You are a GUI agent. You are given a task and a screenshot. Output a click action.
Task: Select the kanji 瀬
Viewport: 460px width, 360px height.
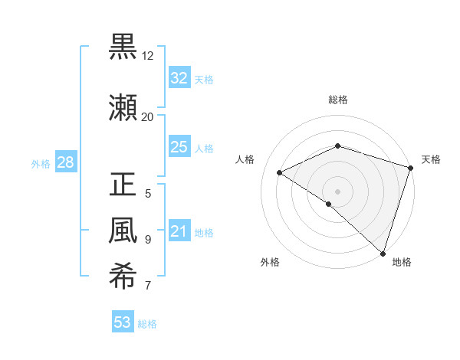click(123, 108)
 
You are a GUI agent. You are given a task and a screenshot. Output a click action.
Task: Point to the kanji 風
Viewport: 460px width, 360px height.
click(123, 231)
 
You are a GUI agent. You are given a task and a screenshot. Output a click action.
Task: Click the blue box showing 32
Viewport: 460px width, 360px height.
click(179, 78)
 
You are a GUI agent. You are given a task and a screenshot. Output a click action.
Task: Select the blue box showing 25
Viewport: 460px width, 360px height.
click(179, 147)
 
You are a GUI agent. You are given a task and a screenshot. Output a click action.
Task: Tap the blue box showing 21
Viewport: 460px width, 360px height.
click(179, 231)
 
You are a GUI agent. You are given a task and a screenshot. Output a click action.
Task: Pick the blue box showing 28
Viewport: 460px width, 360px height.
click(64, 162)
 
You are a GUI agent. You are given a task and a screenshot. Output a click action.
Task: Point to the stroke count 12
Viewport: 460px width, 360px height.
click(148, 56)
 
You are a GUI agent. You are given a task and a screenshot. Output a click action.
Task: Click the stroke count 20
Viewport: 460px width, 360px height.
click(148, 117)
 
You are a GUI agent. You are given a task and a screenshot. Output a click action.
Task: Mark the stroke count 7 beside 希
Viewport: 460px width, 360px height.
click(147, 286)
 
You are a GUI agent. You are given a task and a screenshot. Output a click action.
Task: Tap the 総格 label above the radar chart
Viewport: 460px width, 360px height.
click(337, 100)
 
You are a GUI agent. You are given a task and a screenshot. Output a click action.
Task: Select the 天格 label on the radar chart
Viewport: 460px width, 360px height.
click(431, 159)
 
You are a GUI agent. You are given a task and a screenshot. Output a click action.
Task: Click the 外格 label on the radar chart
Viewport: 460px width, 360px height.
click(270, 262)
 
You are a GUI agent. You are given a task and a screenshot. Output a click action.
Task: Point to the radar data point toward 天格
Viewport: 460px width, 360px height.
click(410, 167)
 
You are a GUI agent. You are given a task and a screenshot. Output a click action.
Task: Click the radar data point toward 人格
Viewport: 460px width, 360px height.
click(280, 173)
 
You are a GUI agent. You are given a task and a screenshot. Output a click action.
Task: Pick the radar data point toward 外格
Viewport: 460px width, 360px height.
click(329, 204)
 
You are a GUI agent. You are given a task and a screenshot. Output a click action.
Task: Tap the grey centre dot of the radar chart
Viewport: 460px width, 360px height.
click(337, 191)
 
